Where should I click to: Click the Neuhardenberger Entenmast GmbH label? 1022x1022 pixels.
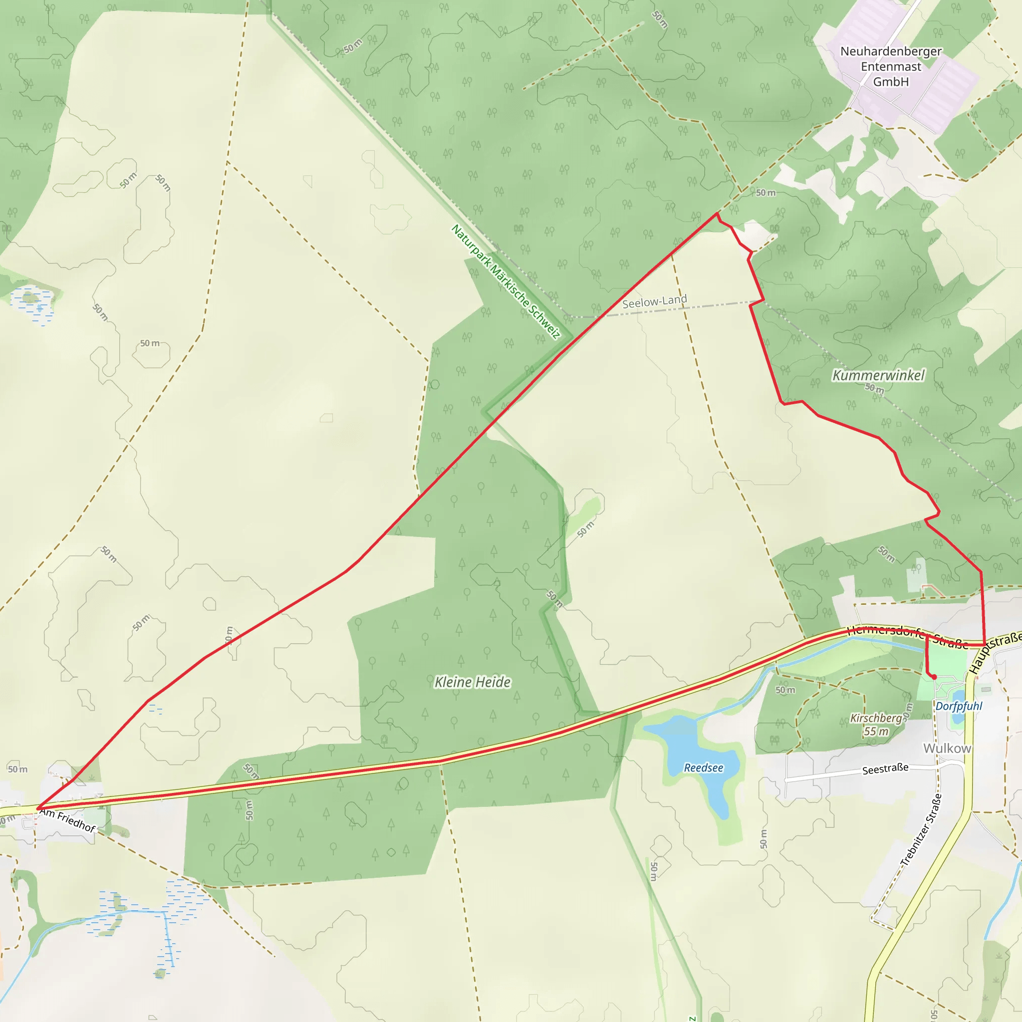point(891,67)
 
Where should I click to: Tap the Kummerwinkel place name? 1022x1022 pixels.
point(879,375)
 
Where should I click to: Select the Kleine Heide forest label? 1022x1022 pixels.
point(473,682)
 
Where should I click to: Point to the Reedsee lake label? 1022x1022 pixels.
point(703,767)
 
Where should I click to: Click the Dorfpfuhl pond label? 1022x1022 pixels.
point(959,706)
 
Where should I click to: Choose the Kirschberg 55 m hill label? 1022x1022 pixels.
point(876,725)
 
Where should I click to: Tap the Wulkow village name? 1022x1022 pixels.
point(947,748)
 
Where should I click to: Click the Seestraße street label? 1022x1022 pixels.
point(885,768)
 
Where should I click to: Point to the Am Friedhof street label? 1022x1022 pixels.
point(68,820)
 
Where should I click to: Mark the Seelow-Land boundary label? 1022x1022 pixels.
point(654,301)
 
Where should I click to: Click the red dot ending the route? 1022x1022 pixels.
point(934,677)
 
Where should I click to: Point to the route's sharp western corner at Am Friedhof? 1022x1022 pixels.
point(37,808)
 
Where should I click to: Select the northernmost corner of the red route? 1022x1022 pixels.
point(717,213)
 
